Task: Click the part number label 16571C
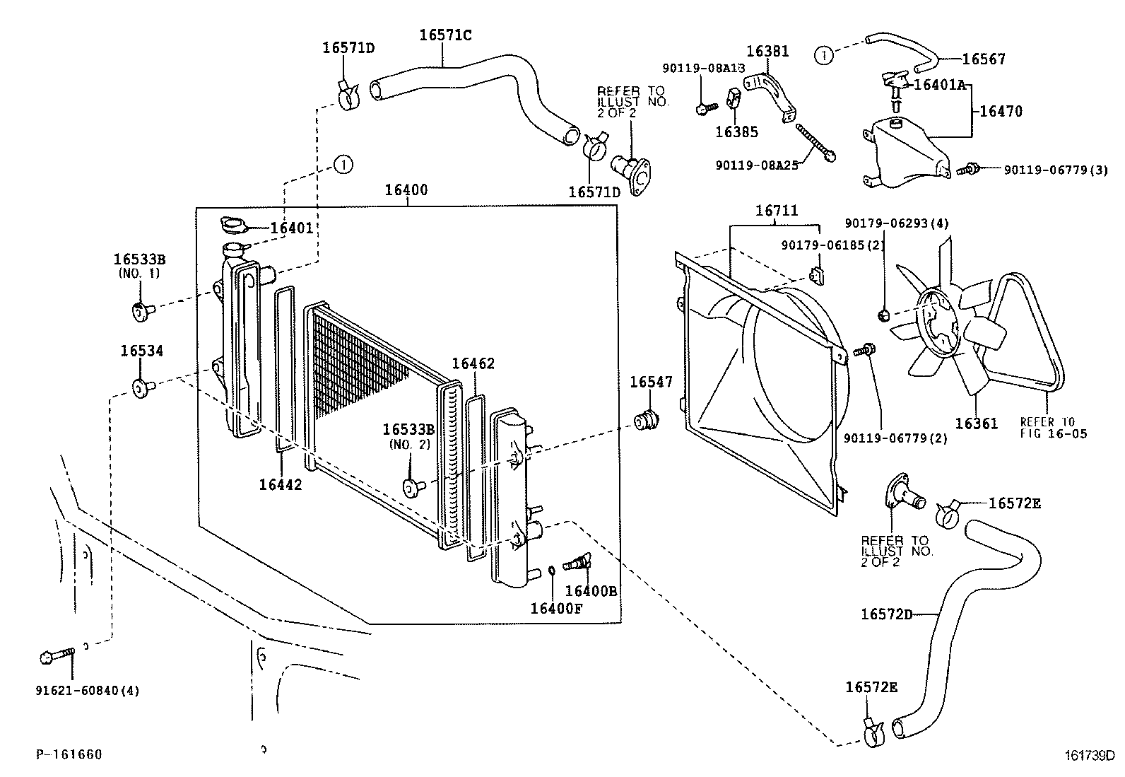[x=445, y=35]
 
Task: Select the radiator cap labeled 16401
[x=234, y=224]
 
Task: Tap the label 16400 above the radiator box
[x=406, y=190]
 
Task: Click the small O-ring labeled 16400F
[x=551, y=570]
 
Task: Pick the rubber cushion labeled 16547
[x=647, y=420]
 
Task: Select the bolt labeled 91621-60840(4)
[x=57, y=655]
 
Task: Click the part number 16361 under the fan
[x=977, y=423]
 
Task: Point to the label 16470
[x=1001, y=111]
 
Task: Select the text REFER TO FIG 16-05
[x=1053, y=428]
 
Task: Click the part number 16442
[x=281, y=484]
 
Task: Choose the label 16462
[x=473, y=363]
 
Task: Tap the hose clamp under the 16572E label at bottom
[x=874, y=734]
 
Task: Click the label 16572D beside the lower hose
[x=886, y=614]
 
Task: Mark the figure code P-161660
[x=69, y=754]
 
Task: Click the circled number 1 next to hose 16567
[x=823, y=56]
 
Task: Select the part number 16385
[x=737, y=132]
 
